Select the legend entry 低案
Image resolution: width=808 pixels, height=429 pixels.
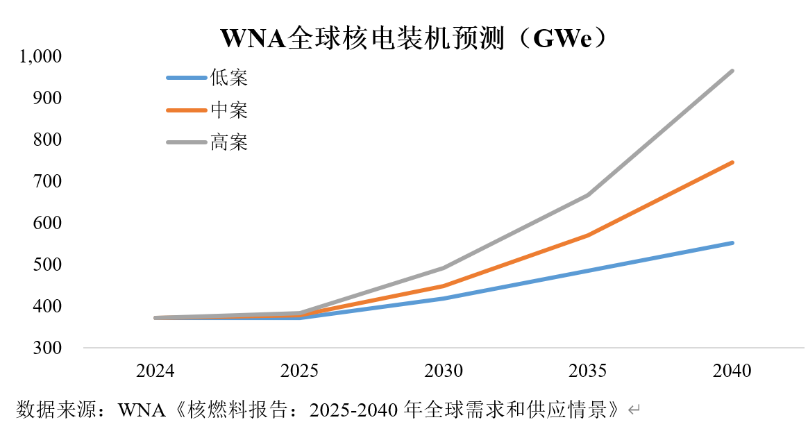coord(228,77)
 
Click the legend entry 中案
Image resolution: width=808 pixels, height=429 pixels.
coord(228,110)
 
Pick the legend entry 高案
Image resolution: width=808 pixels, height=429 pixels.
coord(228,142)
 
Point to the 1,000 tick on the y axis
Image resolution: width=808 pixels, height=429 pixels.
coord(41,56)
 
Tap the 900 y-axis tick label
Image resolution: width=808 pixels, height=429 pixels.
coord(48,98)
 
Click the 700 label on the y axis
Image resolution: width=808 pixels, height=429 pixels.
coord(48,181)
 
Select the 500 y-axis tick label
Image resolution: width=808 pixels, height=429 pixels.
coord(48,264)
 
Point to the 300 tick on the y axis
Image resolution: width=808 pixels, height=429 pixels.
coord(48,348)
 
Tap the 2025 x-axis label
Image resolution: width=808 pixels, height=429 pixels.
coord(300,371)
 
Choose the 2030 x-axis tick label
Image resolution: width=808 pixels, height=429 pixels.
coord(444,371)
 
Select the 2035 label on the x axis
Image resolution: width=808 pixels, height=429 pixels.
coord(588,371)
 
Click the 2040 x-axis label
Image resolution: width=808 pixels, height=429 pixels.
coord(732,371)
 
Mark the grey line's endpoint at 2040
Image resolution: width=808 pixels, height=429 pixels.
coord(732,71)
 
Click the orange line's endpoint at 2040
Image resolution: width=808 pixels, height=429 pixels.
coord(732,162)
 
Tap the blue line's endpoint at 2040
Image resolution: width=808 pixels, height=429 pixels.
coord(732,243)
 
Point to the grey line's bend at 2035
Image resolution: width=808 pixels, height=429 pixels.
coord(588,195)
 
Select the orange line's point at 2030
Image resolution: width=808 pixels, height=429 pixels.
coord(444,286)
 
